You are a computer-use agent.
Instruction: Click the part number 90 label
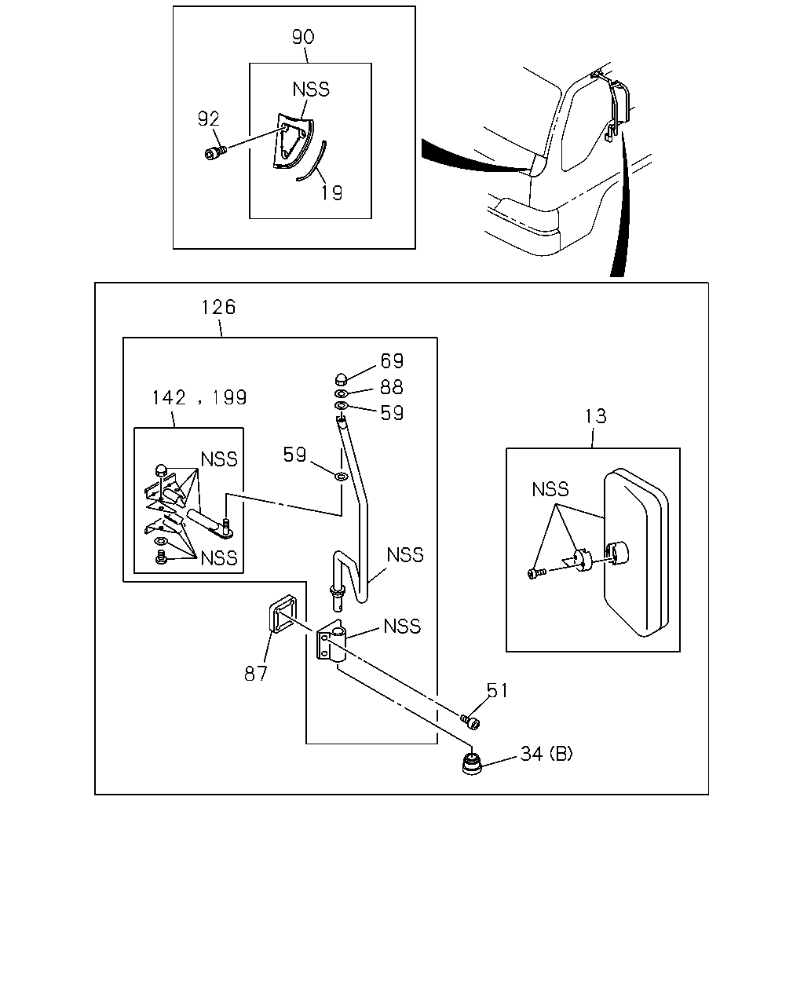pos(303,37)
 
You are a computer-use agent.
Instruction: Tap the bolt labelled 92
pos(216,152)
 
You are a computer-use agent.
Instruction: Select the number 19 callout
pos(331,192)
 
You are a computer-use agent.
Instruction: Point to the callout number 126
pos(218,307)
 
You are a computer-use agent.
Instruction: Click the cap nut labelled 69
pos(342,378)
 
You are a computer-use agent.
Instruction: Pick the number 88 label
pos(392,386)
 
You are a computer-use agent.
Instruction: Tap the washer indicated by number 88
pos(342,393)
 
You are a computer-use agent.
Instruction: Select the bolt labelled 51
pos(470,722)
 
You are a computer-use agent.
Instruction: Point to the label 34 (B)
pos(546,755)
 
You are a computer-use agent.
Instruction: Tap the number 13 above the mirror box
pos(596,416)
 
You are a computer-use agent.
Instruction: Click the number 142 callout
pos(169,397)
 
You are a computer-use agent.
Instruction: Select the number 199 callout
pos(229,397)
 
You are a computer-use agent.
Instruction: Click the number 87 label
pos(255,674)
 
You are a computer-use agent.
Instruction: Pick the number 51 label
pos(497,690)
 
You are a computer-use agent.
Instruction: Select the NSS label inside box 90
pos(311,90)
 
